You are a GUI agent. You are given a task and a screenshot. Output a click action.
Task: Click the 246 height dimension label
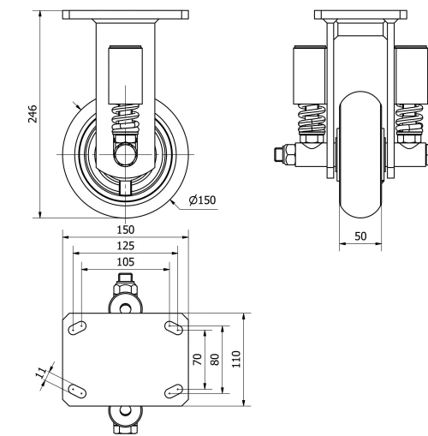point(33,114)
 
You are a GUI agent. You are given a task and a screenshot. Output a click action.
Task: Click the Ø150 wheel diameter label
point(203,200)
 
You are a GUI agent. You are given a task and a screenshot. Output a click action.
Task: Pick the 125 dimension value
point(125,246)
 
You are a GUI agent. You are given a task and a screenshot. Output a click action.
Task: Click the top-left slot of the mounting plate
point(78,326)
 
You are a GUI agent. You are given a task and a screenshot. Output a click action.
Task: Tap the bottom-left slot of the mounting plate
point(78,390)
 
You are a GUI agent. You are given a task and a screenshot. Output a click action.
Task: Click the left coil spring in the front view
point(311,119)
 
